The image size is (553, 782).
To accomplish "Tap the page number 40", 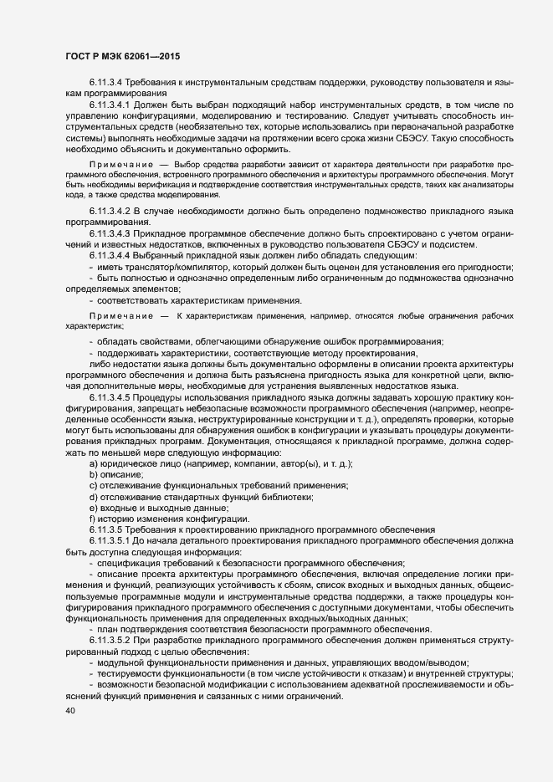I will click(69, 711).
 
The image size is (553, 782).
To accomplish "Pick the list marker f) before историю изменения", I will click(93, 519).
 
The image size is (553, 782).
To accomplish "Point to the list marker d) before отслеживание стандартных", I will click(94, 497).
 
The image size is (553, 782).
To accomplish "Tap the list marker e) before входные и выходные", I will click(94, 508).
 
